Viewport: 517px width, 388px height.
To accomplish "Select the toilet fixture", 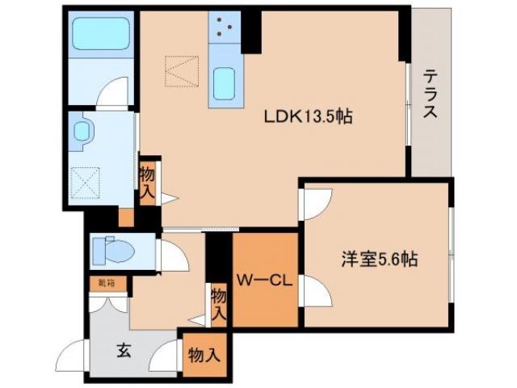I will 112,251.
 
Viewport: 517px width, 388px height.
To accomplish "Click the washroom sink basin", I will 82,133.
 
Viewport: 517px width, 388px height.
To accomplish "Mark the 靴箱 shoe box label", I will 107,283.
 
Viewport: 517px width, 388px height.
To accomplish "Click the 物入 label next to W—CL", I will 218,306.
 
